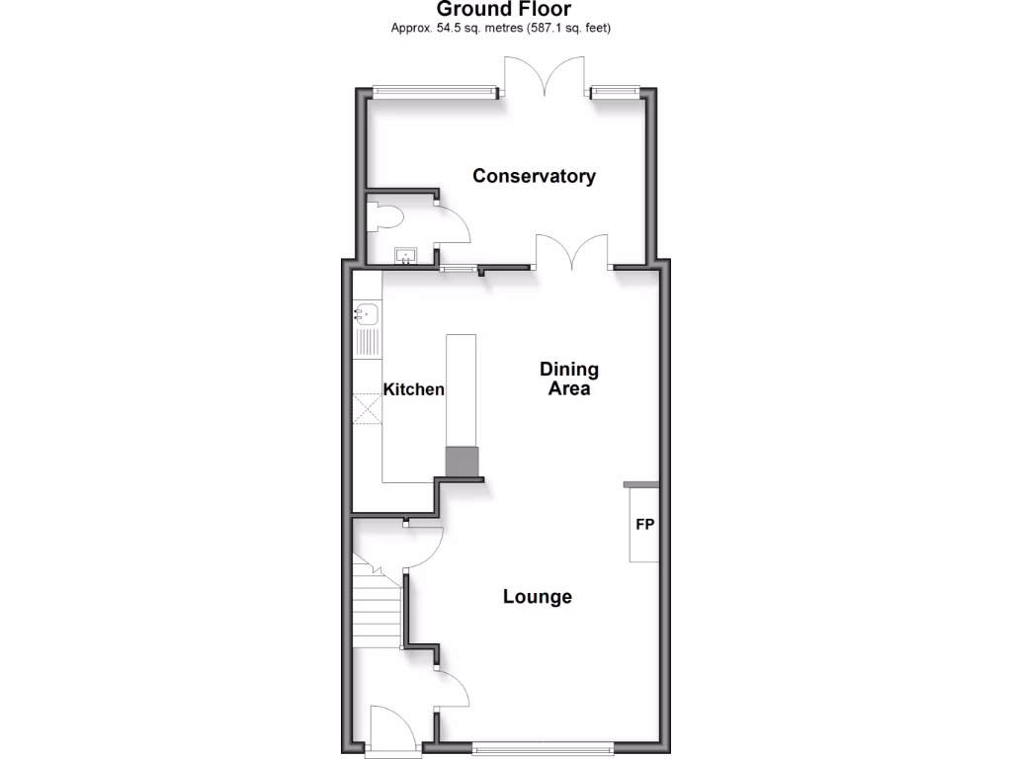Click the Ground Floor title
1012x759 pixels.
(x=505, y=10)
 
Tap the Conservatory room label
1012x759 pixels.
(x=534, y=176)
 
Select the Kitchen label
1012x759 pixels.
(x=413, y=389)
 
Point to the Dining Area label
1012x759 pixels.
(x=569, y=379)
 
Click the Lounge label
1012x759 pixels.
(x=538, y=597)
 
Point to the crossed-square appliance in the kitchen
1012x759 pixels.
(x=367, y=407)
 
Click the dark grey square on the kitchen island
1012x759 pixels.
(x=462, y=461)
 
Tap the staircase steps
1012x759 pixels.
(x=376, y=608)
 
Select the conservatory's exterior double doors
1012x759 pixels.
(x=546, y=76)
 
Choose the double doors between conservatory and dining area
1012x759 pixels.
(x=572, y=252)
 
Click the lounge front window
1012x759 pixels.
(x=543, y=746)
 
